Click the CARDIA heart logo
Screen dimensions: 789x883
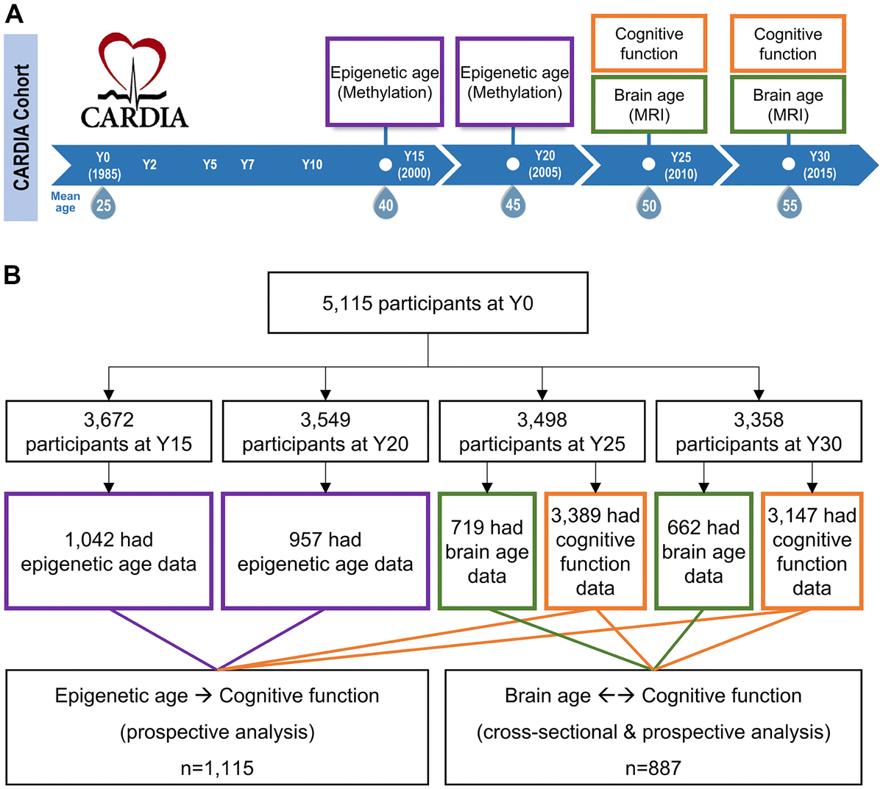coord(134,81)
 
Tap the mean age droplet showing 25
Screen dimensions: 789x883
coord(104,205)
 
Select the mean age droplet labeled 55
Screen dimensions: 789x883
coord(790,205)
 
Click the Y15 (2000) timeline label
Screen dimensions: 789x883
coord(414,165)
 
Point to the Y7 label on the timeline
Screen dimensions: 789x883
coord(247,165)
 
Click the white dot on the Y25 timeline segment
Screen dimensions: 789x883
coord(648,164)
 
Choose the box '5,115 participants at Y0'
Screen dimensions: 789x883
coord(428,303)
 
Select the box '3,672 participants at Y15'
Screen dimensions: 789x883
coord(109,432)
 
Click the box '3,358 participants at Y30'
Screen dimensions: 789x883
coord(759,432)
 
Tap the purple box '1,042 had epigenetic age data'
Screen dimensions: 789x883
coord(109,551)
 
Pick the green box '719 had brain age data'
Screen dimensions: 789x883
coord(486,551)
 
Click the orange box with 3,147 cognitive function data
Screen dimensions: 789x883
coord(812,551)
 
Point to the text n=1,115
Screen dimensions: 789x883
coord(217,768)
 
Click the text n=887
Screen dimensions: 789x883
coord(653,768)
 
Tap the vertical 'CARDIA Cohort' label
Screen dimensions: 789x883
coord(21,127)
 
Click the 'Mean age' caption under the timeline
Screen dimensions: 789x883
coord(65,202)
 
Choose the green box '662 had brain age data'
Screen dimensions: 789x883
coord(703,551)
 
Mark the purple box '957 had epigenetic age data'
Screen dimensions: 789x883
coord(325,551)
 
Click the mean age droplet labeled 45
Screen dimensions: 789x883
coord(513,204)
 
